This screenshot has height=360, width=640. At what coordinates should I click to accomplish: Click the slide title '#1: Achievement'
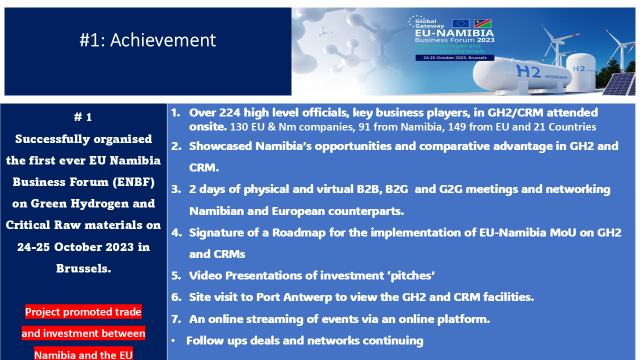[x=148, y=40]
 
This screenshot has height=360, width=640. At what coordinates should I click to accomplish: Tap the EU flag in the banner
[x=460, y=23]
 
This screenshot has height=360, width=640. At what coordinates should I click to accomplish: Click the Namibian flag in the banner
[x=482, y=23]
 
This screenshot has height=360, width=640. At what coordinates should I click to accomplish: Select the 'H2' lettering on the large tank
[x=529, y=71]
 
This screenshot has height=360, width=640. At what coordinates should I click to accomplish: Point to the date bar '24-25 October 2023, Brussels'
[x=454, y=58]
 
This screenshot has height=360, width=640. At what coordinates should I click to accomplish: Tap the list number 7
[x=176, y=319]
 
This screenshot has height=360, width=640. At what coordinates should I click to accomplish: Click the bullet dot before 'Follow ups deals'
[x=173, y=341]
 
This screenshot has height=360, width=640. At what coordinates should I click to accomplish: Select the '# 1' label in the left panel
[x=83, y=117]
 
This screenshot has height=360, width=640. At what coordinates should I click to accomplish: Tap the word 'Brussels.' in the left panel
[x=83, y=268]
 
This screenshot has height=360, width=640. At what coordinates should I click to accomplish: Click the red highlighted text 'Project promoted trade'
[x=83, y=312]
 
